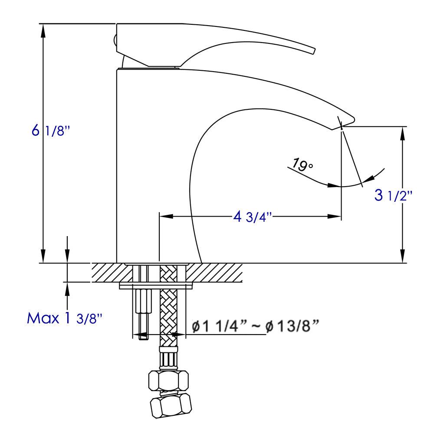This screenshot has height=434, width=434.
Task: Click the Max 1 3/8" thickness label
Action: click(65, 319)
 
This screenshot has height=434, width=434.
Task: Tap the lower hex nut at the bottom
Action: click(171, 406)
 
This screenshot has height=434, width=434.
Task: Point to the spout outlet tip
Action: click(343, 124)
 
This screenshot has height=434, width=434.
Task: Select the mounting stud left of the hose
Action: click(143, 308)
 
